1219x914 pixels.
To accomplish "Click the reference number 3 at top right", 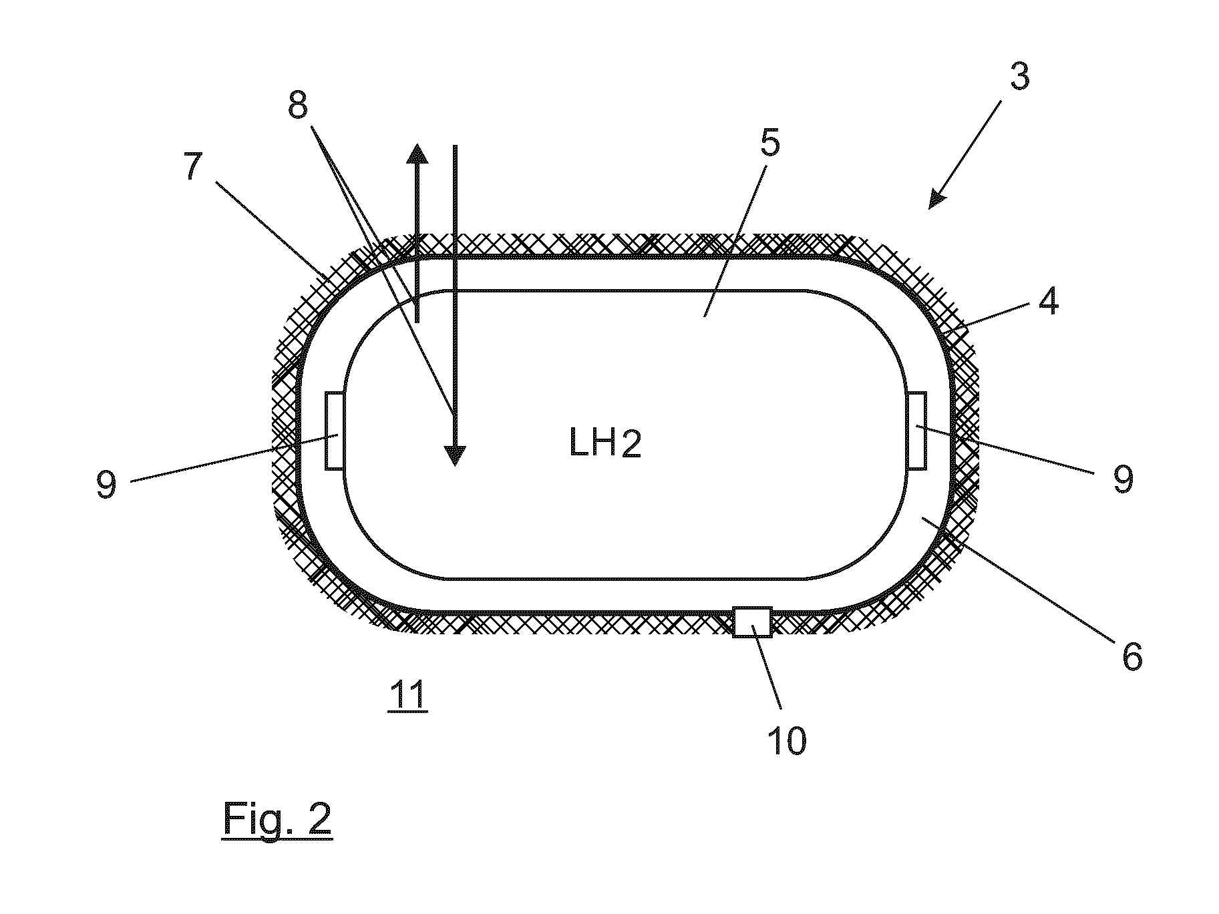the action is click(1019, 77).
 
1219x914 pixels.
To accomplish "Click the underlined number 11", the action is click(407, 696).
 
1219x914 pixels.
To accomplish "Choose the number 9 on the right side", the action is click(1123, 479).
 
